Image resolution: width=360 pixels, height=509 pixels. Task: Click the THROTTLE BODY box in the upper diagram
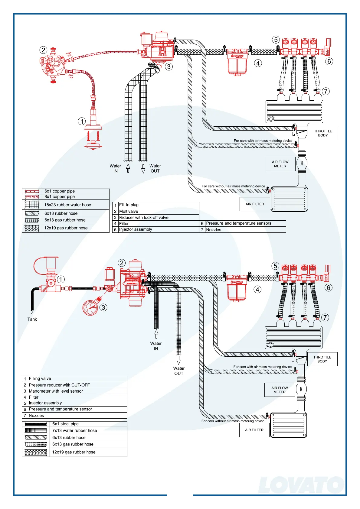click(x=323, y=133)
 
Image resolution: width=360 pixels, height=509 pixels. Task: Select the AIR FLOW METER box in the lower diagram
click(x=280, y=390)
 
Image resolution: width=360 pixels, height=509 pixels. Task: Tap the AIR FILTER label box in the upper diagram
click(x=255, y=204)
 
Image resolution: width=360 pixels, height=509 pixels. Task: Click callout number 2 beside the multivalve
click(x=44, y=50)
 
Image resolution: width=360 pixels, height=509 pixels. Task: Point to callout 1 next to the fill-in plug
click(x=82, y=121)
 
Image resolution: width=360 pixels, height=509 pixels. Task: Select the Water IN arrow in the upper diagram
click(x=128, y=168)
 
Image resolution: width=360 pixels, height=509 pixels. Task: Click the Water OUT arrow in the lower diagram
click(x=178, y=360)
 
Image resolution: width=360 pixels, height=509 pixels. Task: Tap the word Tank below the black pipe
click(x=32, y=319)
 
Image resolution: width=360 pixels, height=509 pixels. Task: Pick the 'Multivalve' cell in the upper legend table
click(x=129, y=211)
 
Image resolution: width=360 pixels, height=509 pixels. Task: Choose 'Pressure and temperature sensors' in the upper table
click(x=239, y=223)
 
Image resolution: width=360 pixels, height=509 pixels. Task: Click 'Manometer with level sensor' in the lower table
click(x=56, y=391)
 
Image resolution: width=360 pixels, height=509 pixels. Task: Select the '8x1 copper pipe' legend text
click(x=59, y=196)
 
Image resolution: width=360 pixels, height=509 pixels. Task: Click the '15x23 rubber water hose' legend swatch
click(x=32, y=205)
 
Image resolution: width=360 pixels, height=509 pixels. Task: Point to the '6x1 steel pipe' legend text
click(x=65, y=424)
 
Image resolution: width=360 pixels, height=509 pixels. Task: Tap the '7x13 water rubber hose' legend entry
click(x=74, y=430)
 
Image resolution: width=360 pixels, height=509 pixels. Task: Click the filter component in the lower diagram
click(x=237, y=289)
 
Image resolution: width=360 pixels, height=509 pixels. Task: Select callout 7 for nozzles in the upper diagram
click(x=326, y=91)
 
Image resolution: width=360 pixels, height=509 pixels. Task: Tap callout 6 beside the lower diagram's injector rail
click(x=329, y=287)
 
